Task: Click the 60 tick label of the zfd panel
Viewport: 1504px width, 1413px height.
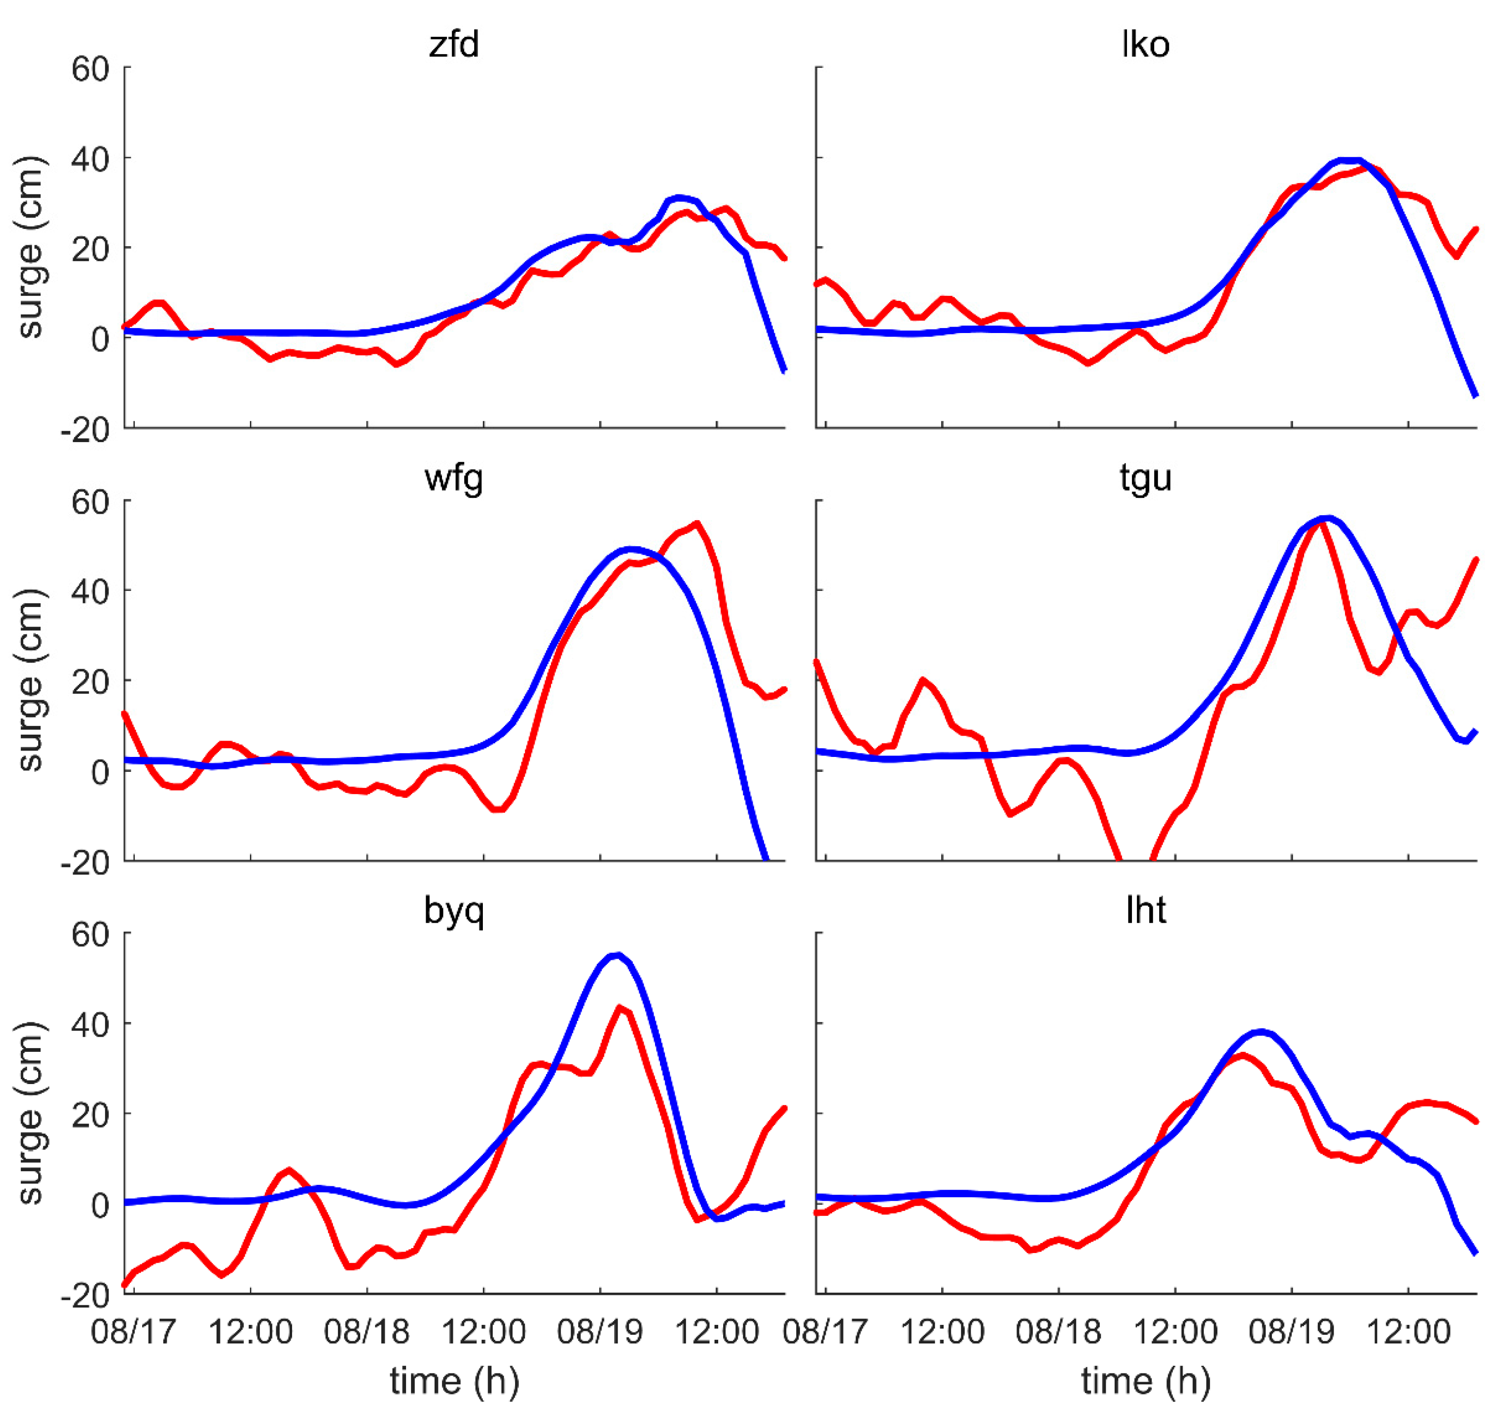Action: coord(91,69)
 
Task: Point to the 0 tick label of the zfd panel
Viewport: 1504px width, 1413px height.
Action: coord(100,338)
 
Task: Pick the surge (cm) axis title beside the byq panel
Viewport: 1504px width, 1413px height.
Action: coord(30,1113)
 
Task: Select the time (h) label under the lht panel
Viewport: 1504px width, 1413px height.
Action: coord(1146,1380)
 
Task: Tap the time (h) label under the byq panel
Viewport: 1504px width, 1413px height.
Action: coord(454,1380)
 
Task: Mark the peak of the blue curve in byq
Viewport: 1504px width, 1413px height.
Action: coord(617,955)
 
